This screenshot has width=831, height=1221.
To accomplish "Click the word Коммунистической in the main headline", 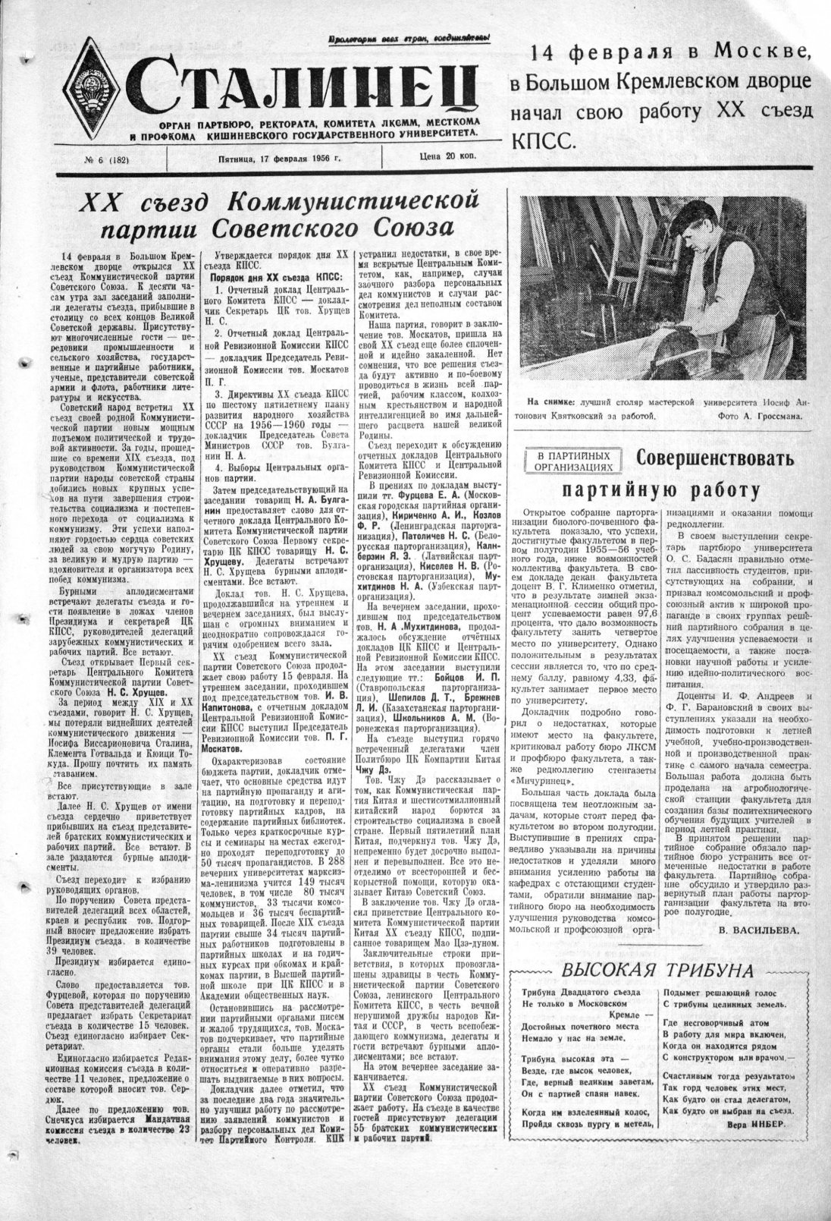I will click(353, 201).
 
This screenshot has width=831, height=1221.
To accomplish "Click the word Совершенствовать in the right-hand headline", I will click(715, 459).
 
